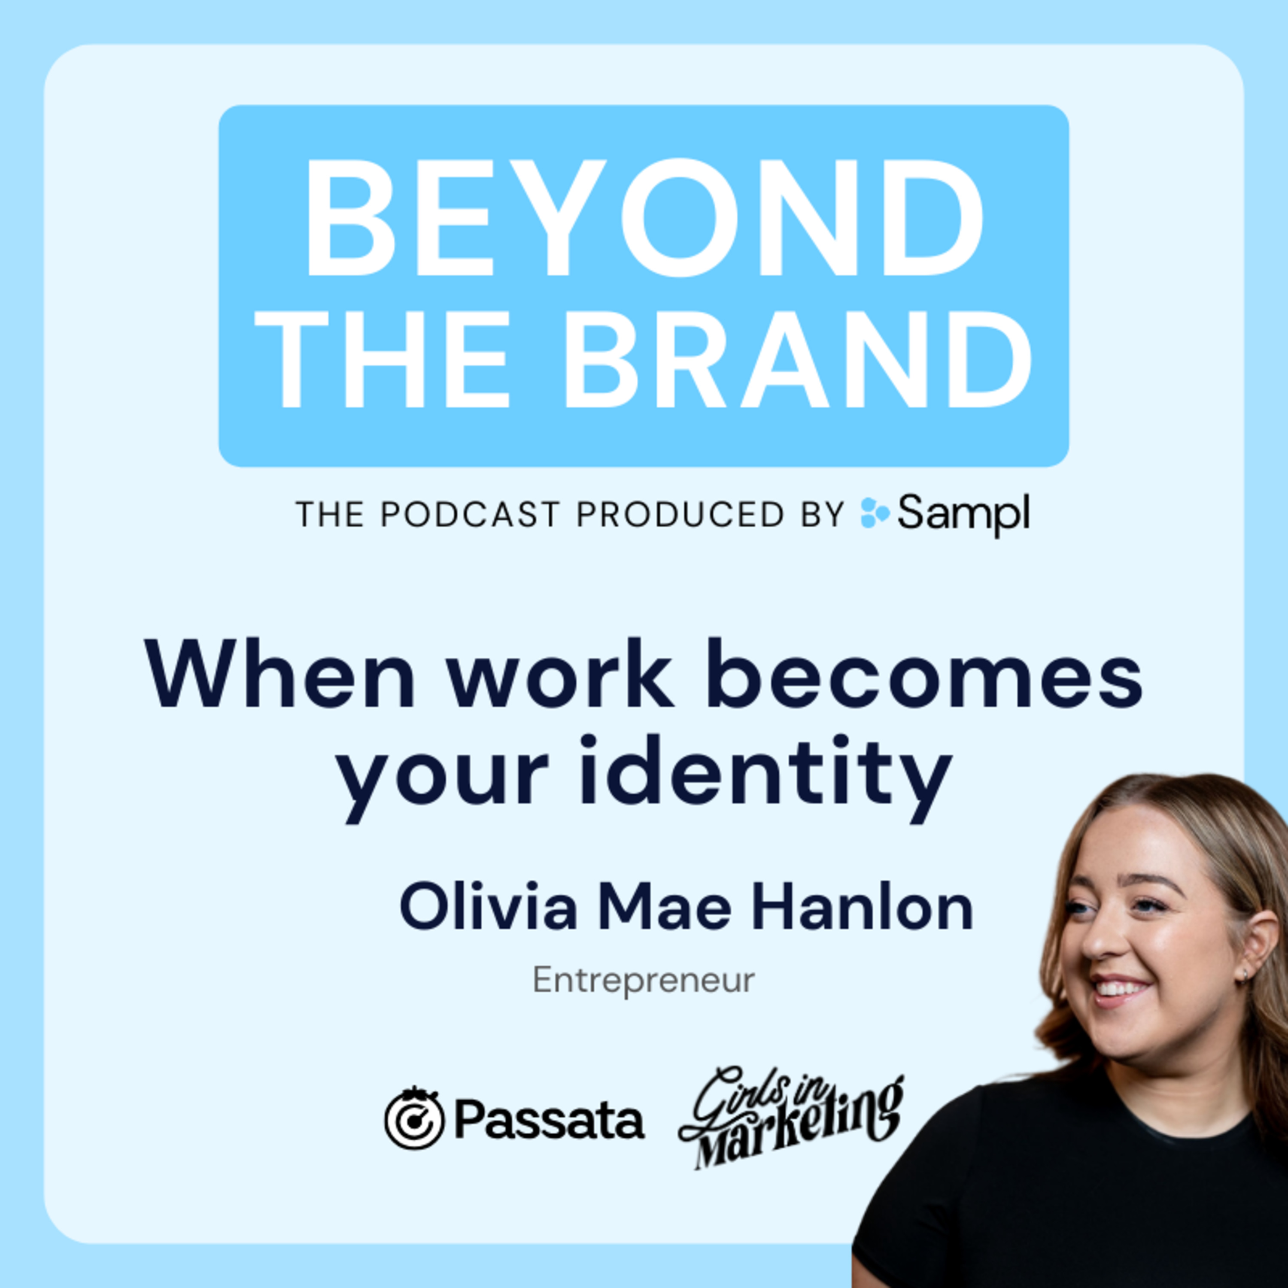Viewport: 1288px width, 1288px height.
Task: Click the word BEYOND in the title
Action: point(644,218)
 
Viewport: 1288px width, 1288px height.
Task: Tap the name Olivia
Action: point(488,908)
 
